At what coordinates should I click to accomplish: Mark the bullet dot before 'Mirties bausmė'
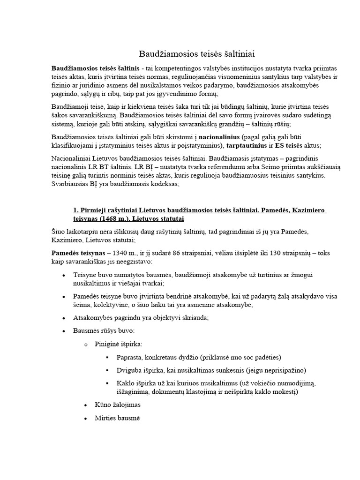pyautogui.click(x=85, y=418)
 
